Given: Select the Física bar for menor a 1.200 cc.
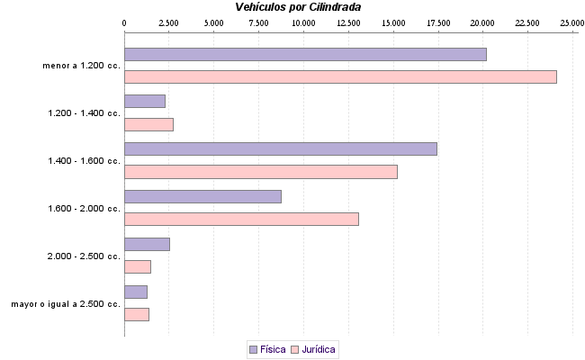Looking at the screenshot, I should (x=305, y=55).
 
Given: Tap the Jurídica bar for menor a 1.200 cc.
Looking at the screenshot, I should (x=340, y=76).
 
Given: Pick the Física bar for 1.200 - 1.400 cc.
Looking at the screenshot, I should (x=145, y=102).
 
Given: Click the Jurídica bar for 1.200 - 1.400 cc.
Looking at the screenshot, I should (x=148, y=124).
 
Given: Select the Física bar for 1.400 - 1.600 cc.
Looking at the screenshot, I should (x=280, y=149).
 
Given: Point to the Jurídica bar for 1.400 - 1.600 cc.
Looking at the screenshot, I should (x=260, y=171).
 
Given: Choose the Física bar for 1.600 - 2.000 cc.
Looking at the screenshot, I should (x=202, y=196).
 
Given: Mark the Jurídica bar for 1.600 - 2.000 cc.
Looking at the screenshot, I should (x=241, y=219).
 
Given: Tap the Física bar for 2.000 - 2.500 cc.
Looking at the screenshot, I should (x=147, y=244).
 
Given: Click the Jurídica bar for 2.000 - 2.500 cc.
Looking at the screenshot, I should (x=138, y=266).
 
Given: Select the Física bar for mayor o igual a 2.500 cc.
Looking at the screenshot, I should (x=136, y=292).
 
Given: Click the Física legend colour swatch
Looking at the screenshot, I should (x=253, y=348).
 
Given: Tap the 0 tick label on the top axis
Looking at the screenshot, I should (x=124, y=22).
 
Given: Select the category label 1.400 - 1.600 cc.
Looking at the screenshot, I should (x=84, y=161).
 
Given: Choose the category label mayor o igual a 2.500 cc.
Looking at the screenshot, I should (x=66, y=304).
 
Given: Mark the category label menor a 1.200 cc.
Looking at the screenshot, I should (x=81, y=66).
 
